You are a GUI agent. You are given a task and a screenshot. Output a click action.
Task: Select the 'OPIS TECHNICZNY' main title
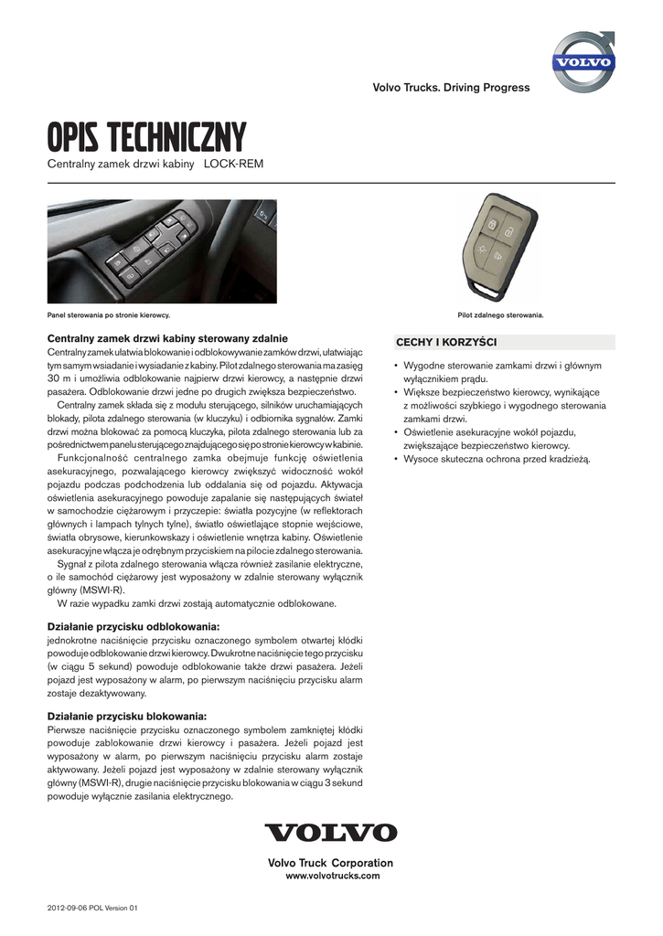[147, 139]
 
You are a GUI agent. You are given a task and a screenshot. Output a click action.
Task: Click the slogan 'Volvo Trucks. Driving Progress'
[451, 88]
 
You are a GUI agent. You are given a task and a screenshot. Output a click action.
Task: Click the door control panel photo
[149, 251]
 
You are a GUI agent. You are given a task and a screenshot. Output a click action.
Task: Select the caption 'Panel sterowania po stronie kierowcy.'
[109, 315]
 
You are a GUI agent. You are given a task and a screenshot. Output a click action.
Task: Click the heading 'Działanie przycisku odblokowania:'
[134, 626]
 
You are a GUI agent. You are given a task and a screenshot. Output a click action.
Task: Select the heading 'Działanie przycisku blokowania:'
[127, 716]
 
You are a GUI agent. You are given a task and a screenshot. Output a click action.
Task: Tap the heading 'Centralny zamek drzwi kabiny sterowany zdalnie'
[167, 338]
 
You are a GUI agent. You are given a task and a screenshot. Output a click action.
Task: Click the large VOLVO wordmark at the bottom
[331, 833]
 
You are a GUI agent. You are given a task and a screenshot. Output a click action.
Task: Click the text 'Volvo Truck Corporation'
[330, 863]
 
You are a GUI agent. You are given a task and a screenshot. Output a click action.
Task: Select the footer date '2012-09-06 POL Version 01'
[92, 908]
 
